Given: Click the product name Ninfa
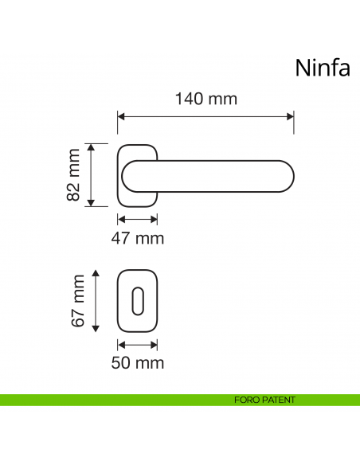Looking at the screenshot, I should tap(323, 67).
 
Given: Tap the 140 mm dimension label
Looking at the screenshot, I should tap(205, 100).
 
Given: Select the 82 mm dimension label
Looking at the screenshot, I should tap(74, 175).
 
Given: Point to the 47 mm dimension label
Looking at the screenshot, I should tap(138, 237).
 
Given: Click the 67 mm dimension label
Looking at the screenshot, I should tap(77, 300).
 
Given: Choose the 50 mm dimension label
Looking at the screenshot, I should tap(139, 363).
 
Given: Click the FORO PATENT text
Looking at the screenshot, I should tap(266, 400).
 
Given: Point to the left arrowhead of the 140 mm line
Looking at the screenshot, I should tap(121, 116).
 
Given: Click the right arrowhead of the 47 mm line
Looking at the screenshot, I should tap(155, 217).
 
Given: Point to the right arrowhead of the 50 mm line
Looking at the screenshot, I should tap(155, 345).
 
